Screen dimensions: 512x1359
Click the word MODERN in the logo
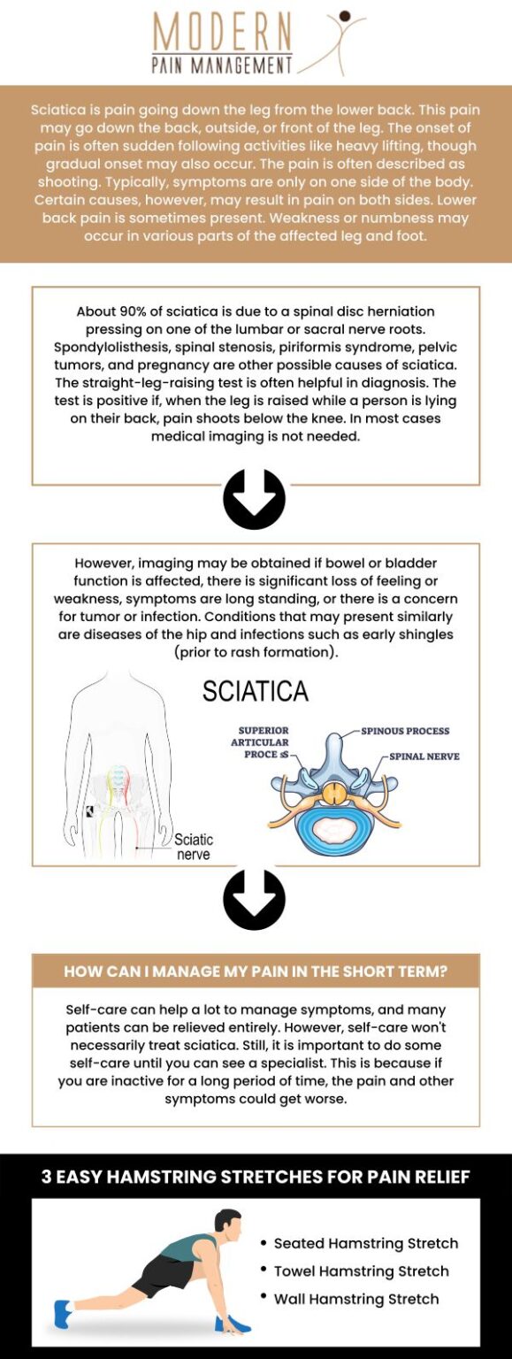[x=222, y=33]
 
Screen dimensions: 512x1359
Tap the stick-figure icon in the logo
[x=336, y=40]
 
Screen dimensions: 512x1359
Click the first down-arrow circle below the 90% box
[x=254, y=499]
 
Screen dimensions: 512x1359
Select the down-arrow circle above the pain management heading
[x=254, y=900]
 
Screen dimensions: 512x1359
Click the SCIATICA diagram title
[x=256, y=691]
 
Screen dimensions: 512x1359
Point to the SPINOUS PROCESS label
[x=405, y=731]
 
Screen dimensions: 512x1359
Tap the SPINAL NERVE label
[x=424, y=756]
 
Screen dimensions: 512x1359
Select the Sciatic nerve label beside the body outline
[x=193, y=847]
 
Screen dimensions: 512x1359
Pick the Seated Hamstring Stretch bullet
[x=365, y=1243]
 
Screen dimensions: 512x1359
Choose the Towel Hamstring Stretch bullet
[x=361, y=1271]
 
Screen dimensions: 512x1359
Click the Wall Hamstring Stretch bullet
[x=355, y=1299]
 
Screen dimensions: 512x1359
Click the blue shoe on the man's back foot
[x=62, y=1313]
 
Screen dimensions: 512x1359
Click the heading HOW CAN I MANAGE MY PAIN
[x=256, y=971]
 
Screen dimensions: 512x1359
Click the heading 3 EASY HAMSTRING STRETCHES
[x=256, y=1177]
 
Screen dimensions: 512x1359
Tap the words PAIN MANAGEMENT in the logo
[x=222, y=65]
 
